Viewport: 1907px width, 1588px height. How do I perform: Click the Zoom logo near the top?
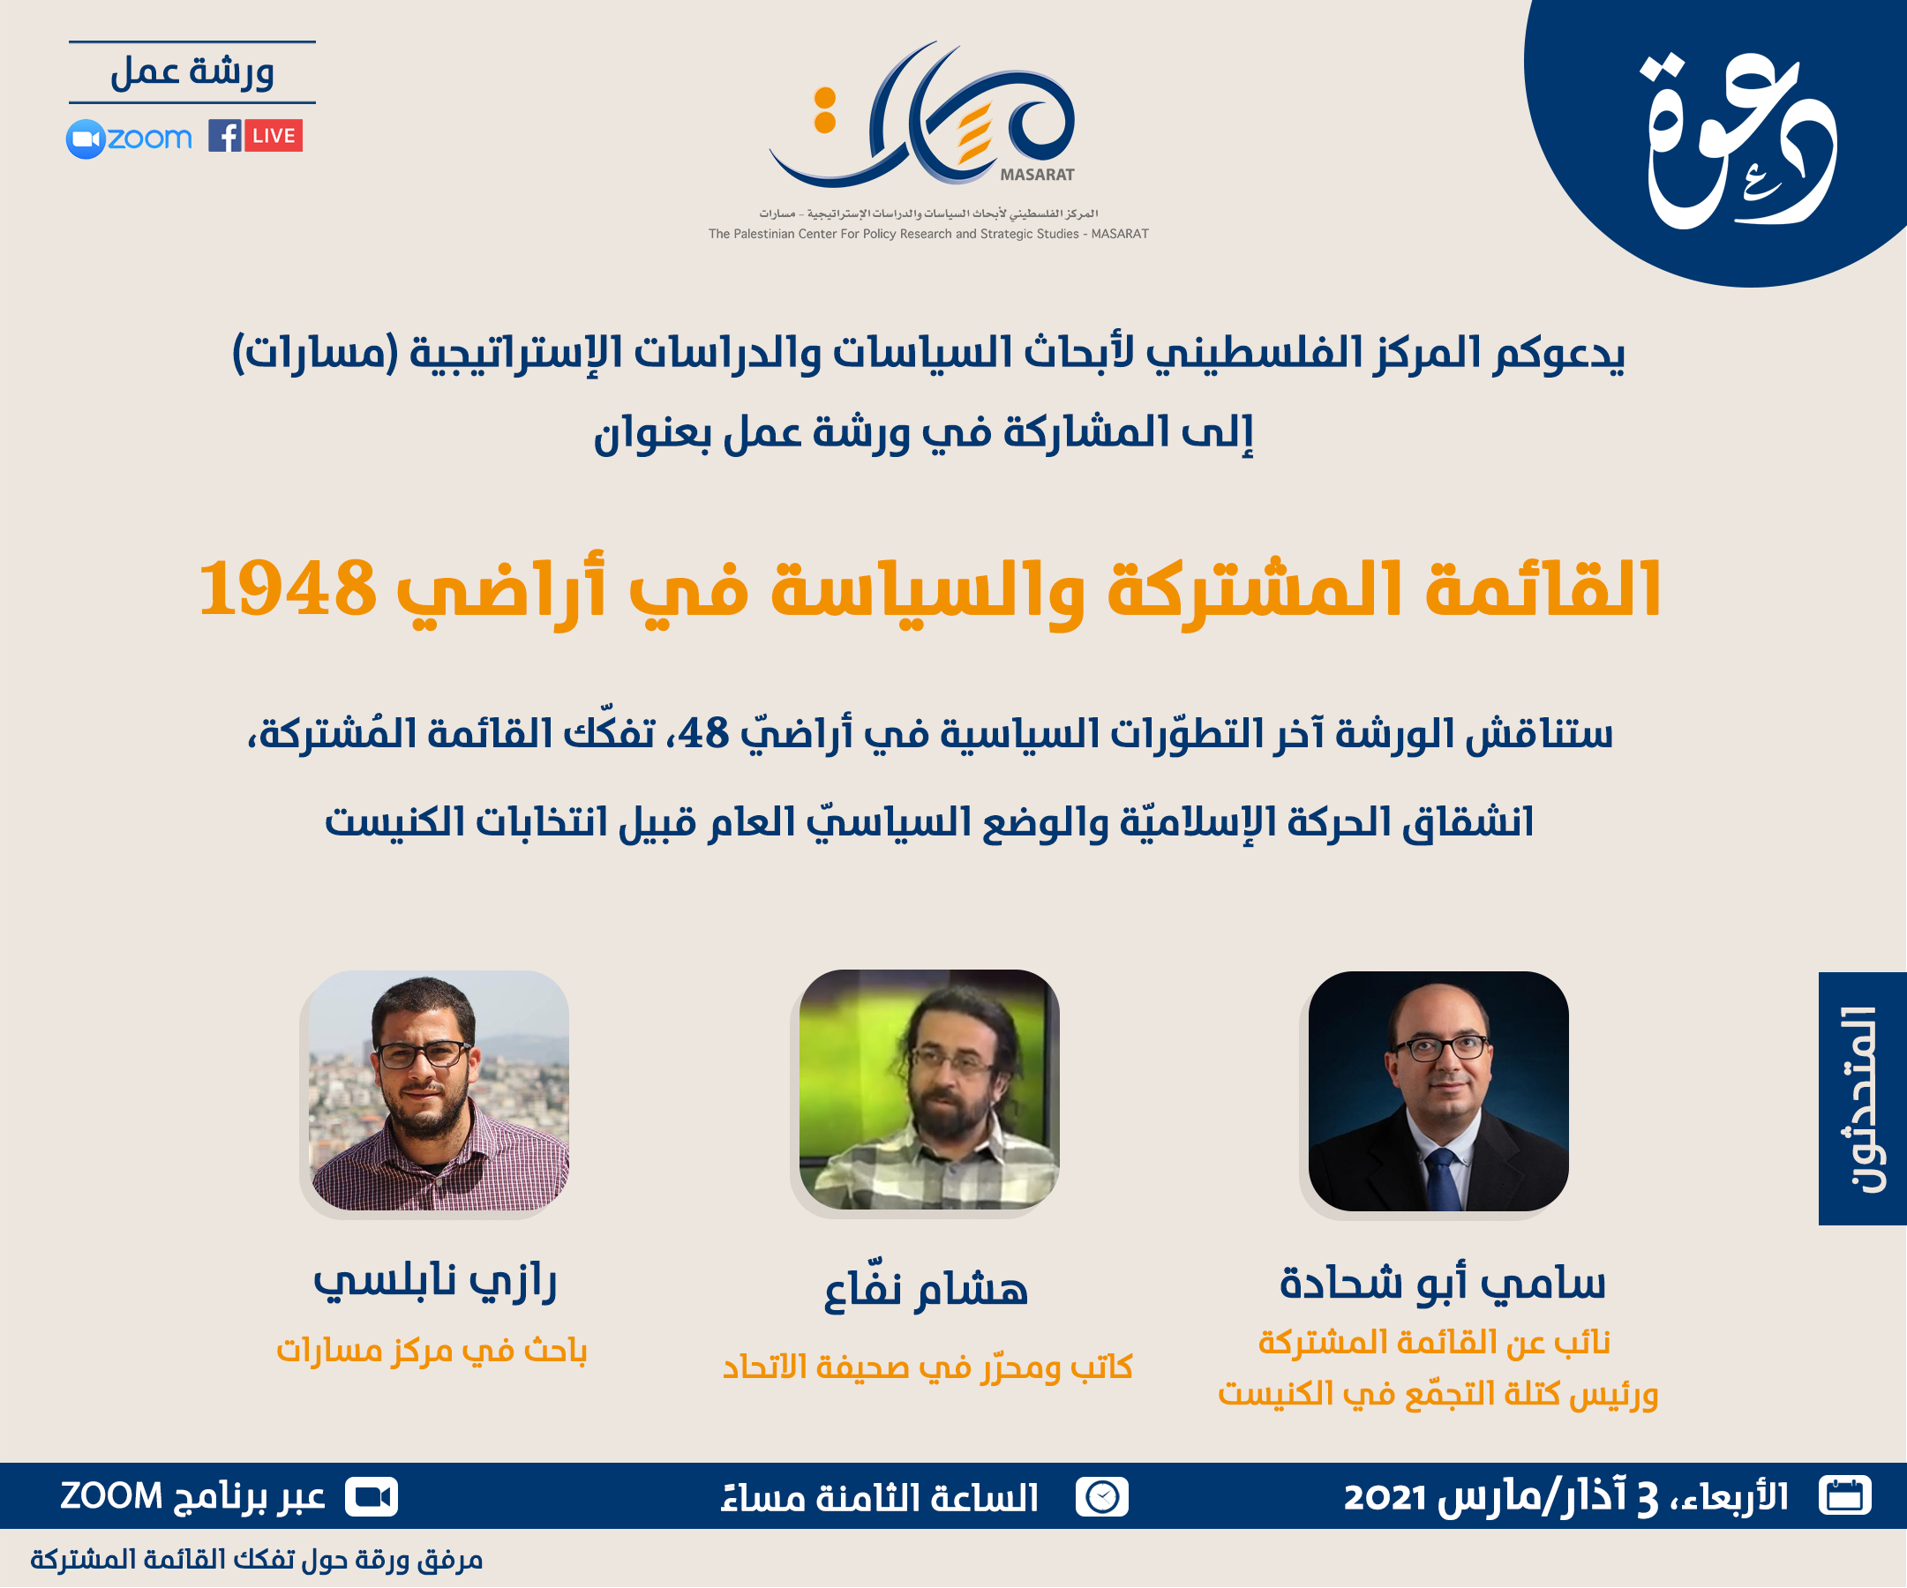129,139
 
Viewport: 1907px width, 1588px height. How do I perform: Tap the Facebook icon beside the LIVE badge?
224,136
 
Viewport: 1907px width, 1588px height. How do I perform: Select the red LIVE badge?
274,136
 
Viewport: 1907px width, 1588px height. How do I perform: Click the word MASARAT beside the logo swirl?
1037,175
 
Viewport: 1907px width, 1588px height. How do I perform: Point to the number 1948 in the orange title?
287,588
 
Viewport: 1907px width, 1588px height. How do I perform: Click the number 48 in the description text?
704,733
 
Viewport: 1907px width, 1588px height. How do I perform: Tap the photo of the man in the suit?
1438,1091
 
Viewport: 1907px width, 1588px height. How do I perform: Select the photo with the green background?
929,1090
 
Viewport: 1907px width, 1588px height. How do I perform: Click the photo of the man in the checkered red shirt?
439,1090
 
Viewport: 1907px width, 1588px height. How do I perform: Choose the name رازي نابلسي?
435,1281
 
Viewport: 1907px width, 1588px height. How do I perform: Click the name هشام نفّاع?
926,1289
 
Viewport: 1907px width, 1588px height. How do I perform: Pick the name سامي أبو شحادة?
1442,1283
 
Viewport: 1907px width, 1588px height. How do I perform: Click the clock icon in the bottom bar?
1101,1496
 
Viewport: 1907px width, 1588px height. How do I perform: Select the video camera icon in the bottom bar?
372,1496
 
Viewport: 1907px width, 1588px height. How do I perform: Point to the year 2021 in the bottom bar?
1384,1497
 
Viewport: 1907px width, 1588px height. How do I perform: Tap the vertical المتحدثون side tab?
1861,1098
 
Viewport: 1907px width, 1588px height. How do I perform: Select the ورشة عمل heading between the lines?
192,72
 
